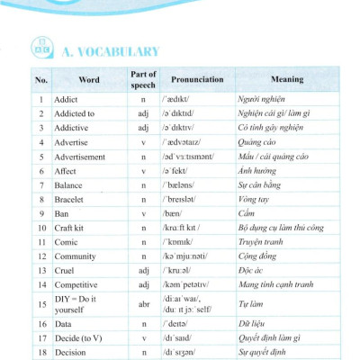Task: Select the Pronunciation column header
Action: (197, 80)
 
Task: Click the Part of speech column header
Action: (144, 80)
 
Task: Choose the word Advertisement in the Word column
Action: (84, 157)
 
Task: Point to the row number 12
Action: (40, 256)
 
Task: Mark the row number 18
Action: (40, 353)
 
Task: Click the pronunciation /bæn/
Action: (176, 213)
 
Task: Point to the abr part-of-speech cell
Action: (144, 303)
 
